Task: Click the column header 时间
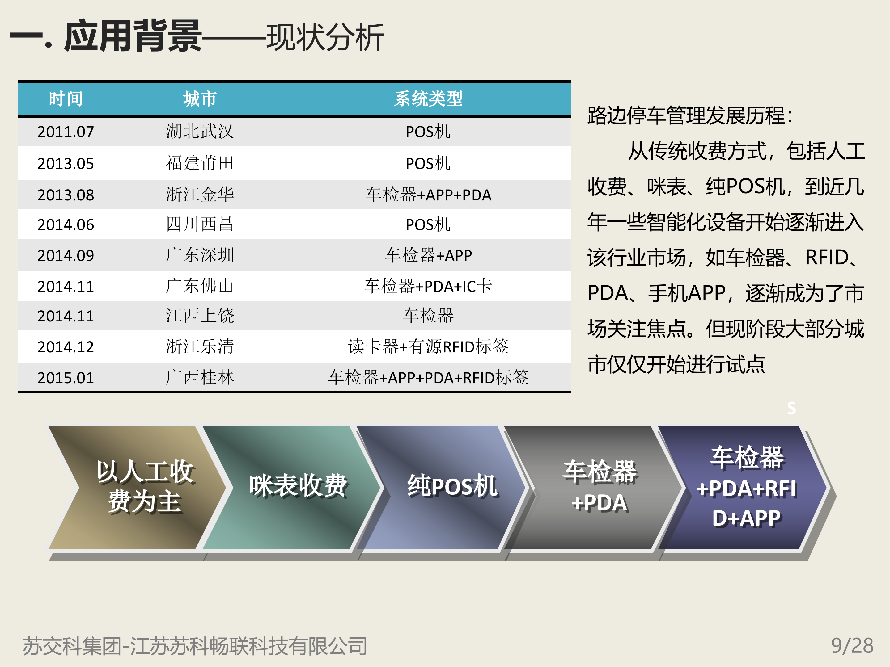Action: tap(66, 99)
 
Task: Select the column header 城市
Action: tap(200, 99)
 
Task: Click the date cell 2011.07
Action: tap(66, 132)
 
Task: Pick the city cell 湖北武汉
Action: tap(200, 132)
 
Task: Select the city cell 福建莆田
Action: tap(200, 163)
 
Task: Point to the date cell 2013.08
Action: tap(66, 195)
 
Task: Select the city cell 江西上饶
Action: tap(200, 316)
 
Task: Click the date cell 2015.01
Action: tap(66, 378)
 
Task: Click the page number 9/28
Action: tap(852, 646)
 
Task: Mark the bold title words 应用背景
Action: tap(133, 36)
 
